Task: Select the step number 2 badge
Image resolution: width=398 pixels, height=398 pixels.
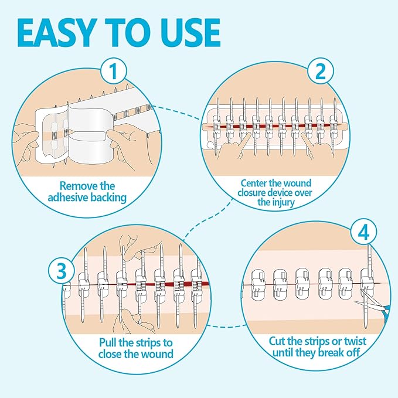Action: point(320,72)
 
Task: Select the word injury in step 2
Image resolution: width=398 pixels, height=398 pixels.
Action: point(295,203)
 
